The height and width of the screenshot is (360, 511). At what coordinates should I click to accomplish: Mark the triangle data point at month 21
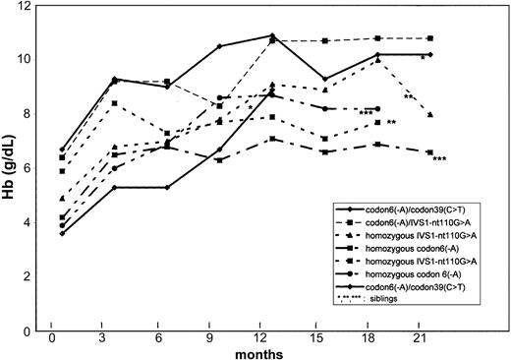pos(430,115)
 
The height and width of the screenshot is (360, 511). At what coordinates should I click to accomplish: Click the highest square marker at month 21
pos(430,38)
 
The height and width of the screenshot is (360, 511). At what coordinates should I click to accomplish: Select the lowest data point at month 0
pos(62,233)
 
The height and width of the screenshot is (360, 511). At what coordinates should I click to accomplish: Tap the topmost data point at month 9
pos(219,46)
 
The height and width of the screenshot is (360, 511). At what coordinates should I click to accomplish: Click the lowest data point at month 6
pos(167,187)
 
